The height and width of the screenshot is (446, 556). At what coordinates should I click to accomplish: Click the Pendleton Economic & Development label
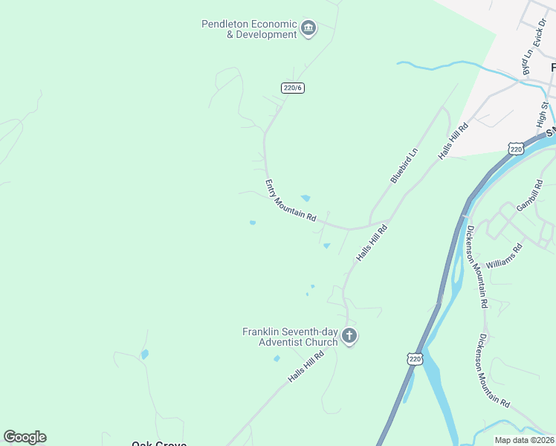point(249,30)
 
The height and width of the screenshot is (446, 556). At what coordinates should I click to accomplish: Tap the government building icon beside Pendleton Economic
point(308,30)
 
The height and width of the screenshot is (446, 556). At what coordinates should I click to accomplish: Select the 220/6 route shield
point(293,88)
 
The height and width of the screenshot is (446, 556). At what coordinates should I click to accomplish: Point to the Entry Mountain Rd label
point(291,201)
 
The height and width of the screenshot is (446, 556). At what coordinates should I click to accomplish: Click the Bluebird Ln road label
point(404,166)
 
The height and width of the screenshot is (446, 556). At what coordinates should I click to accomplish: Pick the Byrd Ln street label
point(528,62)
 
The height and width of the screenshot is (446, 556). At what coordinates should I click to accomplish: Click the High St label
point(542,115)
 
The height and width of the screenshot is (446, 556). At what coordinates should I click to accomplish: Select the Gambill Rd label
point(530,195)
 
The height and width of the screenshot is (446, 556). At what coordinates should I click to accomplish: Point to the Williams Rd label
point(504,254)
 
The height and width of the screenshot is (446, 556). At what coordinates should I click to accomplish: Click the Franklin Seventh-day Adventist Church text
point(290,337)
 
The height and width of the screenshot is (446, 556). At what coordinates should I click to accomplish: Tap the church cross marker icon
point(349,337)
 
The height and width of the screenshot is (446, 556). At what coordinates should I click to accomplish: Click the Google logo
point(25,437)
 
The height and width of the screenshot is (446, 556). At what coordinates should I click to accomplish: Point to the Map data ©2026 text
point(524,440)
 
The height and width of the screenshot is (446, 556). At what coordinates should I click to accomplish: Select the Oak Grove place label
point(158,444)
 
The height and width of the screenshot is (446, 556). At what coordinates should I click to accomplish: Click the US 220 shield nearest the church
point(415,359)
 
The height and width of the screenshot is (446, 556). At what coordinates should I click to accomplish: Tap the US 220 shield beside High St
point(517,149)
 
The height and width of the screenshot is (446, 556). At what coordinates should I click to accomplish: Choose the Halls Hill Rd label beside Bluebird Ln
point(453,140)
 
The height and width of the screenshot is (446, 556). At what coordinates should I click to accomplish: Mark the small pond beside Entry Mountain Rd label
point(306,198)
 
